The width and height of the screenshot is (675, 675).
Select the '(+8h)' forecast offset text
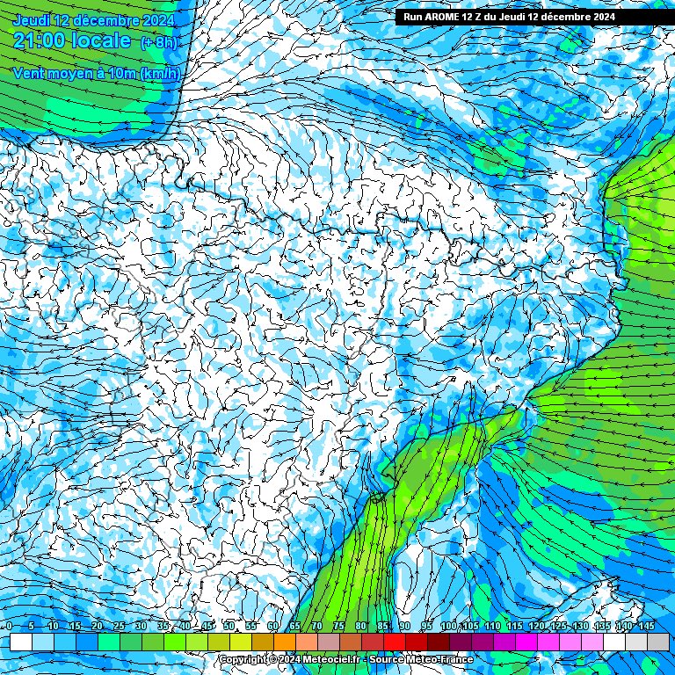(x=159, y=42)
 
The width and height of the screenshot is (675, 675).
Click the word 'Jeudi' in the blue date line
(x=33, y=20)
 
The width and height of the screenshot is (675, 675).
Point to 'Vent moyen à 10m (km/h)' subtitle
(x=96, y=73)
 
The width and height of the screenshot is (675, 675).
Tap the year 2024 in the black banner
(x=597, y=17)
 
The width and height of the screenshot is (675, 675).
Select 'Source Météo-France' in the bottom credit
(x=421, y=659)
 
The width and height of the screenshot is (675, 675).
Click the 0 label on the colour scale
(x=9, y=626)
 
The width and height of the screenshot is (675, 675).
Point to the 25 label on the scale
(x=119, y=626)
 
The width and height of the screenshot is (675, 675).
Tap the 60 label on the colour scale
(x=272, y=626)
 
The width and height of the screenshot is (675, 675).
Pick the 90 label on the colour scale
(x=404, y=626)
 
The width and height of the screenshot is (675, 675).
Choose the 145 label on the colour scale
(x=646, y=626)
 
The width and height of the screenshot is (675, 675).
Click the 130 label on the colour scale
(x=580, y=626)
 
